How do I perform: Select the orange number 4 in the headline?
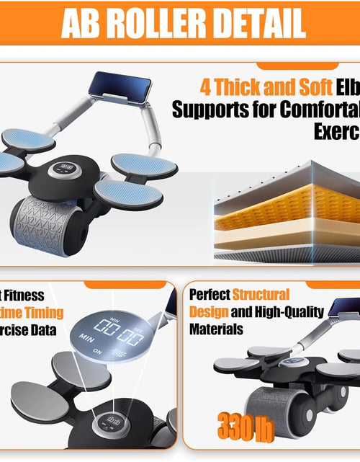[206, 88]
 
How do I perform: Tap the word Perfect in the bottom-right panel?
[210, 295]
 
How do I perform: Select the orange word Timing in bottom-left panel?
[44, 313]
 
